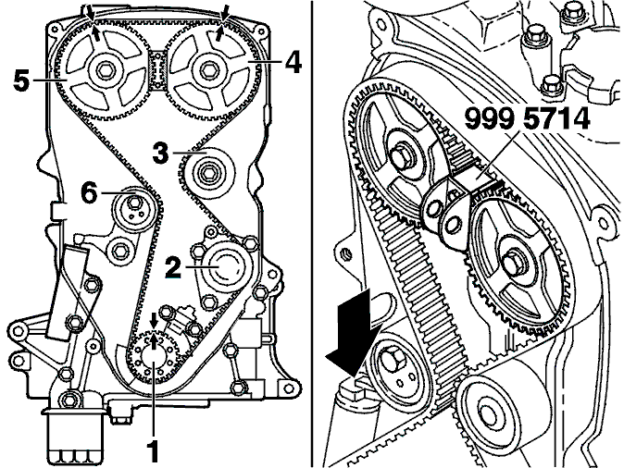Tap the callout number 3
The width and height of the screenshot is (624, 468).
point(161,153)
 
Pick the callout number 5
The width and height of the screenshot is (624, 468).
point(21,80)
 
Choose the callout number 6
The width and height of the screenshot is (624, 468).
point(89,193)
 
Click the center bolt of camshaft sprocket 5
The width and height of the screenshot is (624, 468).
point(105,71)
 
